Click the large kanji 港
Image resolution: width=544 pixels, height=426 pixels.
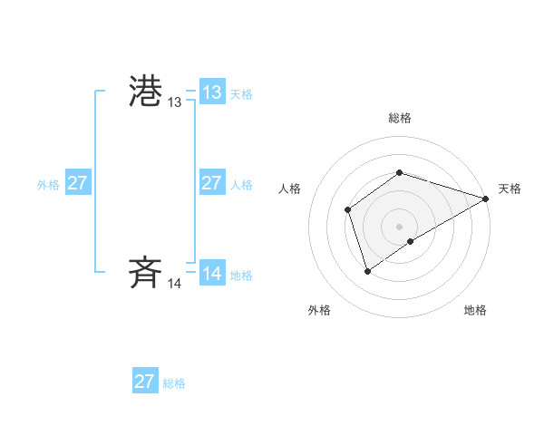coord(146,92)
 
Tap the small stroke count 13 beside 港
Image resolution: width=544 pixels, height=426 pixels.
coord(174,103)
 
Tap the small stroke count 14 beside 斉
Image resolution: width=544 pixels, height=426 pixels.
coord(174,284)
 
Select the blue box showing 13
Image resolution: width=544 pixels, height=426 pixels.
coord(211,92)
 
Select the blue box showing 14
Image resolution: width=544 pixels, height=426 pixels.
coord(211,274)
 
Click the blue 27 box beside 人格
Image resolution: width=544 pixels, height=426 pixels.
coord(211,183)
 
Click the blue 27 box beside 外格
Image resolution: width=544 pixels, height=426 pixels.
coord(77,183)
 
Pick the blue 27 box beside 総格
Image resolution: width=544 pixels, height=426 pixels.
coord(144,382)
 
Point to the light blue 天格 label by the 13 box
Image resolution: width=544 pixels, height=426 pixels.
coord(241,93)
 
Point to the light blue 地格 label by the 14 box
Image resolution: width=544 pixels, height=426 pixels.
coord(241,275)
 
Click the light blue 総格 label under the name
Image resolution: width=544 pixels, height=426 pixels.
coord(174,382)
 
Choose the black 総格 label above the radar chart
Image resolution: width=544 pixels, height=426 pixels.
coord(400,118)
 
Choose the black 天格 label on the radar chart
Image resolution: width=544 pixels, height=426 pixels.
coord(510,189)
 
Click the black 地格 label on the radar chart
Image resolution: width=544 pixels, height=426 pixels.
coord(475,310)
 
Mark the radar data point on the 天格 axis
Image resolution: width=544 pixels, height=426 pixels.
coord(486,198)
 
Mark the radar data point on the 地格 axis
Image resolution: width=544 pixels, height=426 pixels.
coord(411,241)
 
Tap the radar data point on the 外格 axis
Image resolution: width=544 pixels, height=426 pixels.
coord(367,270)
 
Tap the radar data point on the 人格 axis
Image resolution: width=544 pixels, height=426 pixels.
coord(347,210)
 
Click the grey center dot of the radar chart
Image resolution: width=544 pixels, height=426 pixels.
coord(400,227)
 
